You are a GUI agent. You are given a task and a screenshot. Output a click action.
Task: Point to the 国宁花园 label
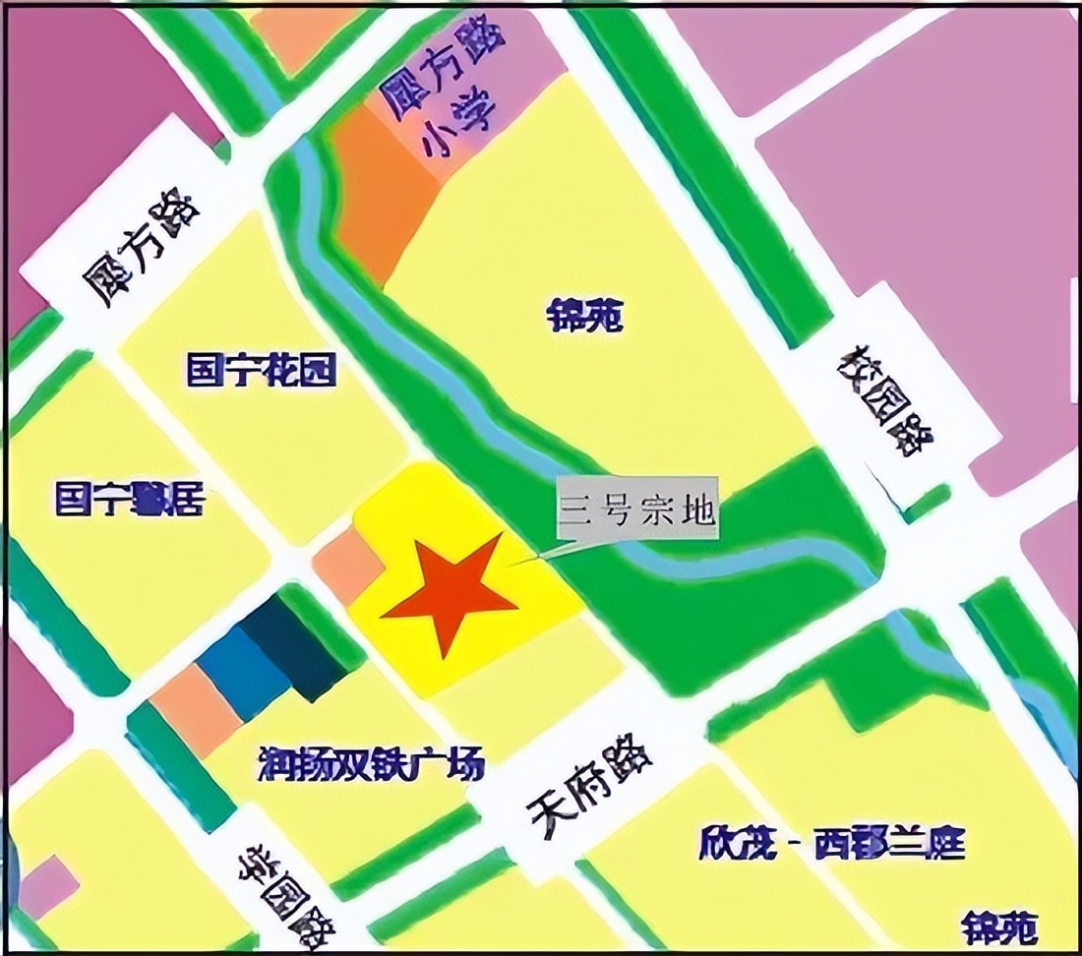(262, 371)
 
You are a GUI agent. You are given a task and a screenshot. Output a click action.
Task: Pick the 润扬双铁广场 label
(371, 762)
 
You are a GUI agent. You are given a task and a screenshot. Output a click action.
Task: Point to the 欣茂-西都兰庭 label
(832, 844)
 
